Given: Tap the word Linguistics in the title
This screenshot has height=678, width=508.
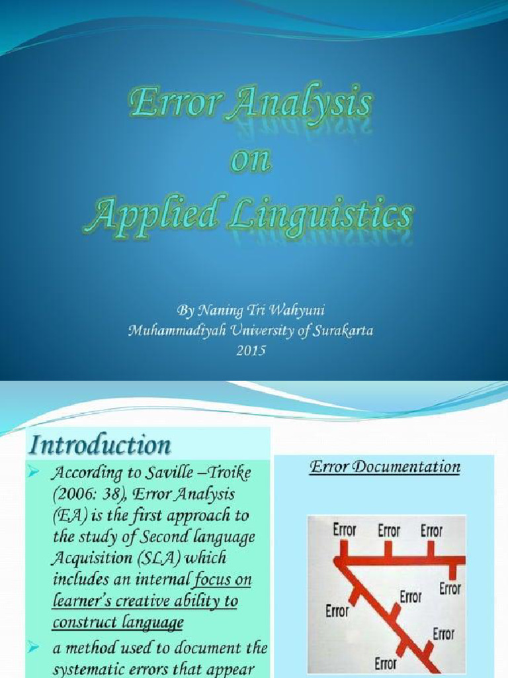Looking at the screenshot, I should [331, 218].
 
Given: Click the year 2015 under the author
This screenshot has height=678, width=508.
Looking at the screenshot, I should [251, 350].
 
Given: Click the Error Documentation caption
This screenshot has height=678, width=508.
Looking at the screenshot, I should [386, 467].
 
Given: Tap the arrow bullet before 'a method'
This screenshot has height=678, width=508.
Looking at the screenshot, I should [37, 645].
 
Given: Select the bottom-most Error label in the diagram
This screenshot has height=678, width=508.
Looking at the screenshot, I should [386, 663].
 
